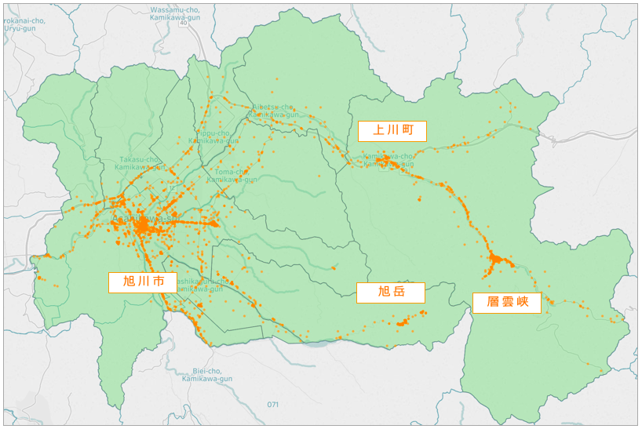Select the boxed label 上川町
point(392,131)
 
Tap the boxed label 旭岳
point(390,293)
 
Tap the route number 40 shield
point(183,24)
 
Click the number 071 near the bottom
point(272,405)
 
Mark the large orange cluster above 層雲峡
point(496,259)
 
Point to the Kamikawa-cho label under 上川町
point(388,159)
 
